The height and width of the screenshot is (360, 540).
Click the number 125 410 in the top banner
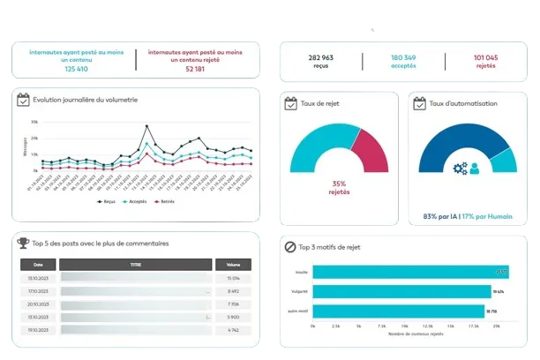(76, 69)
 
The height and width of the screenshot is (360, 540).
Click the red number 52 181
(196, 69)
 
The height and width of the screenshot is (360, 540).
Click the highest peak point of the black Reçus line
(146, 126)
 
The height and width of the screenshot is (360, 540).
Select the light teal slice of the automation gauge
(503, 160)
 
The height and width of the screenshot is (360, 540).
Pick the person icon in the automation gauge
(474, 168)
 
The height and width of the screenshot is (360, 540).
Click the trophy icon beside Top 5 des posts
(23, 243)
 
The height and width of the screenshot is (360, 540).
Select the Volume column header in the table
(233, 264)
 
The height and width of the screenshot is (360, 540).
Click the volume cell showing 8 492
(233, 290)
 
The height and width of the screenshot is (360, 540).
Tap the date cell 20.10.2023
(38, 304)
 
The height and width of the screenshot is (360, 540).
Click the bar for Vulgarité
(402, 291)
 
